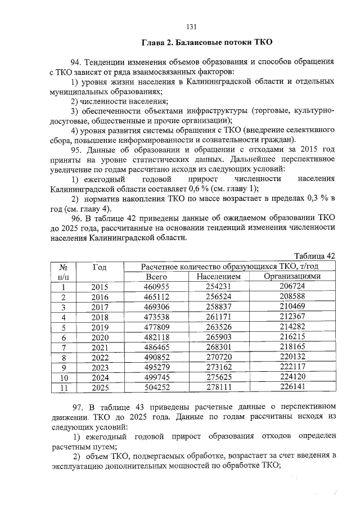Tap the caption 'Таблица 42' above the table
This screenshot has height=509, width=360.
click(315, 256)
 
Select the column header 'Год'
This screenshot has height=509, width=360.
click(99, 266)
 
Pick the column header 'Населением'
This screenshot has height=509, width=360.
click(219, 277)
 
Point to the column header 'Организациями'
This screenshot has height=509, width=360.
click(292, 277)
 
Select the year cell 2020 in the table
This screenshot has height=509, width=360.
click(99, 337)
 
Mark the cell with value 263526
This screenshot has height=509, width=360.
click(219, 327)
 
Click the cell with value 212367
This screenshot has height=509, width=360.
click(292, 317)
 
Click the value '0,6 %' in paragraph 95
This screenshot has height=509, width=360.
click(196, 189)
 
